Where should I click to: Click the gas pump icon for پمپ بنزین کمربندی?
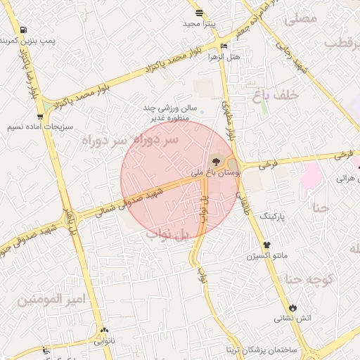point(25,30)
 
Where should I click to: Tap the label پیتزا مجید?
point(202,23)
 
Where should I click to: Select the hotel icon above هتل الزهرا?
point(224,46)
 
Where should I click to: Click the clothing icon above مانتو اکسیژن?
point(267,245)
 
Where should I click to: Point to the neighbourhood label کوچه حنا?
point(308,278)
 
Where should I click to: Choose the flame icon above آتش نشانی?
point(293,308)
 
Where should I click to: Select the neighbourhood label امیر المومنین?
point(51,300)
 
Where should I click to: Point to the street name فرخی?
point(269,165)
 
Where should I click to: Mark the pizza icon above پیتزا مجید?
point(200,13)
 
